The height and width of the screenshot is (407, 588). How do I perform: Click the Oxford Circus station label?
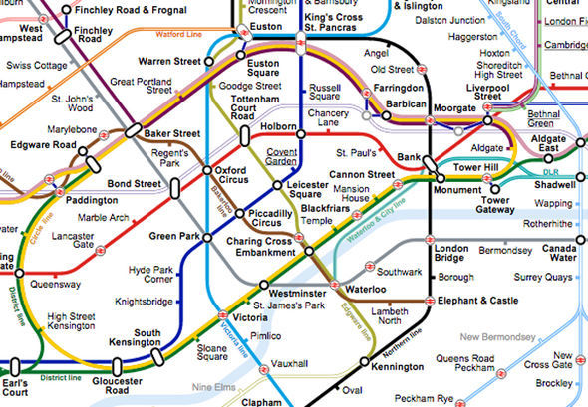click(237, 176)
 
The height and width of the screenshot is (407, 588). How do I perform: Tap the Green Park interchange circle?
click(207, 237)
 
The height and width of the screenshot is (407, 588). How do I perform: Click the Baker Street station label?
click(172, 133)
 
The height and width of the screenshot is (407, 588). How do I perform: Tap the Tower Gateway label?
click(496, 205)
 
